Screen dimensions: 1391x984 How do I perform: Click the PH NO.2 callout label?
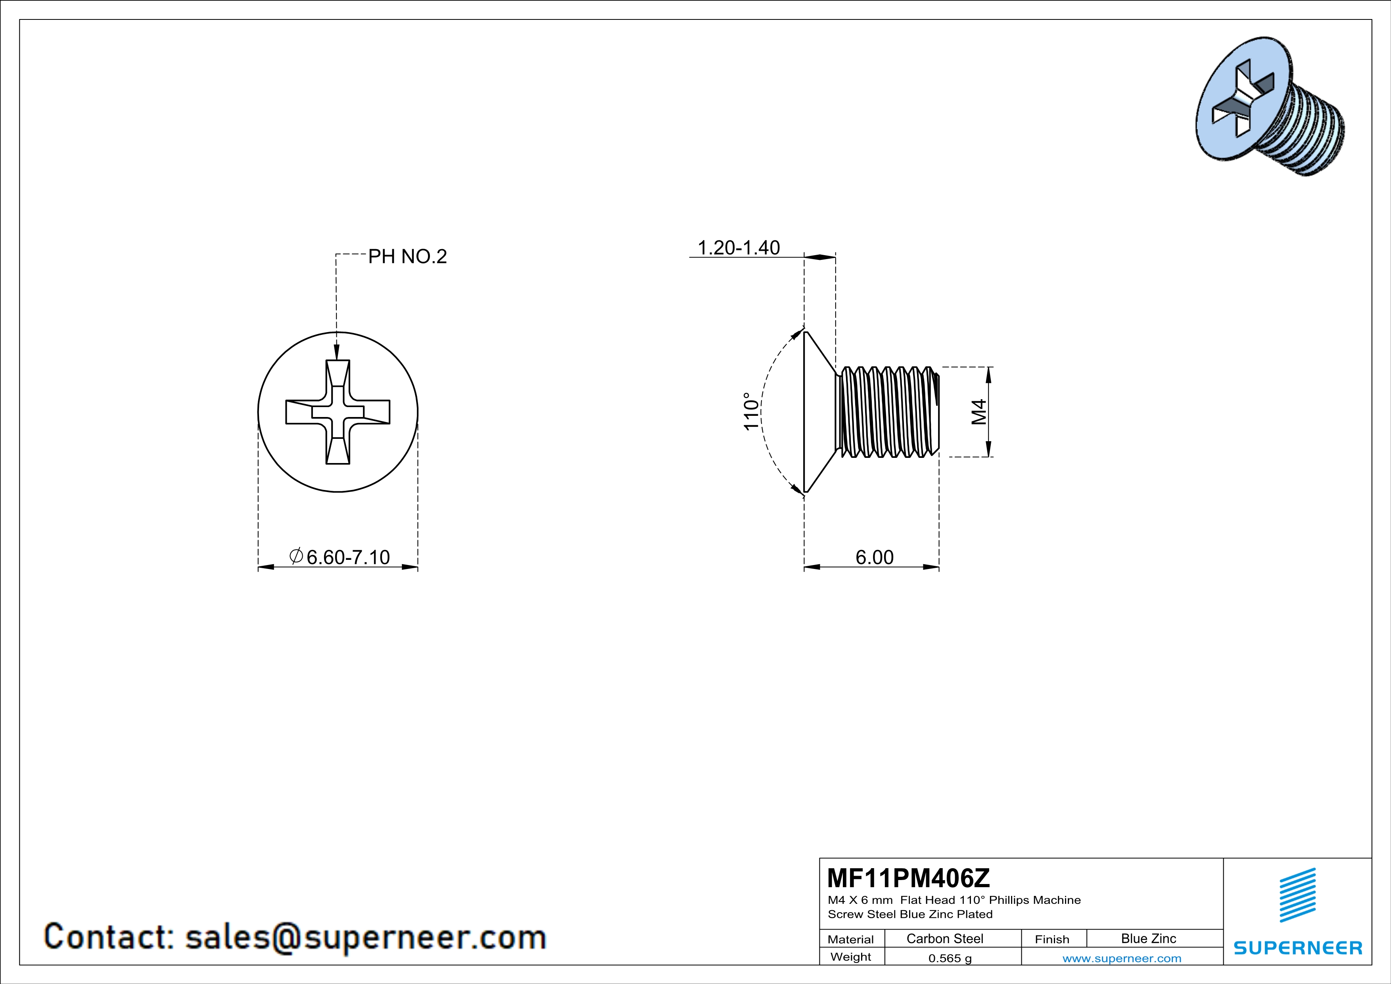click(x=407, y=256)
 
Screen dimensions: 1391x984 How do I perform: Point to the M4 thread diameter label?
click(x=979, y=412)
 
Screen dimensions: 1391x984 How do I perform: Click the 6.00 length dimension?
click(x=874, y=557)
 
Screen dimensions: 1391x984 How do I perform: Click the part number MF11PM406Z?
click(x=908, y=877)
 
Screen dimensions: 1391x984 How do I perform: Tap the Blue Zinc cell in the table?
click(x=1149, y=938)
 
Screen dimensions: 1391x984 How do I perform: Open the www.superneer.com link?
click(x=1122, y=958)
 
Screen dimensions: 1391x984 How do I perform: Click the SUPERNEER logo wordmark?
click(x=1298, y=947)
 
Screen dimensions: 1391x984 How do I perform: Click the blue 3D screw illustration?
click(x=1270, y=107)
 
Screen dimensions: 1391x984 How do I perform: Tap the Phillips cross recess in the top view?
click(x=338, y=412)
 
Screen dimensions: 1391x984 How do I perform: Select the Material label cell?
click(x=851, y=939)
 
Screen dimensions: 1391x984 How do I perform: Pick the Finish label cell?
click(x=1052, y=939)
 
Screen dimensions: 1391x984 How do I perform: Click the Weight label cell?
click(x=851, y=957)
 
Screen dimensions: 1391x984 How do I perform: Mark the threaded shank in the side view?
click(x=888, y=411)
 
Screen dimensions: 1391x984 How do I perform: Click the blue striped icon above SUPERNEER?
click(x=1298, y=895)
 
